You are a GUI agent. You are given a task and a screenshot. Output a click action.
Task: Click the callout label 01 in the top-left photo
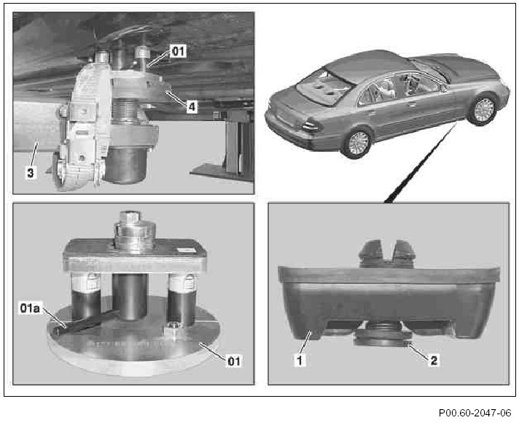(178, 51)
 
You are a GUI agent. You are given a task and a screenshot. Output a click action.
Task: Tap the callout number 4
(192, 106)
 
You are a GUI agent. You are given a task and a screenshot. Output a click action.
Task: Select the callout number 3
(30, 173)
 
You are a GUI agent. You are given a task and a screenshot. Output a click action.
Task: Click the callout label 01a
(30, 308)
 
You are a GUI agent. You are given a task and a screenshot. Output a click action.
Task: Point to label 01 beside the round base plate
(234, 361)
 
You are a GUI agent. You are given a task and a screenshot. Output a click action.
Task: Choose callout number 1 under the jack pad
(300, 360)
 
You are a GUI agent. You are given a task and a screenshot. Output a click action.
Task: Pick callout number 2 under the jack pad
(434, 360)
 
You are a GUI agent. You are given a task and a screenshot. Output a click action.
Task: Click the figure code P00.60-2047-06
(475, 413)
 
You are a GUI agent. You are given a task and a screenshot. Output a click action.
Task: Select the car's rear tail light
(311, 126)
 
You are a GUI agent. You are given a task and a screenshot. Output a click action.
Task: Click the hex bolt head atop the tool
(130, 217)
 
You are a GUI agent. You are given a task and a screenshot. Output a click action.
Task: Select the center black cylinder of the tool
(130, 296)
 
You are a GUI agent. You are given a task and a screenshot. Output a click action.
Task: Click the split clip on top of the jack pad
(386, 253)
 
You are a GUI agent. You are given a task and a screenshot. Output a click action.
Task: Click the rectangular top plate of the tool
(135, 255)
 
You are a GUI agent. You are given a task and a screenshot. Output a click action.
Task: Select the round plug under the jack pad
(383, 336)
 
